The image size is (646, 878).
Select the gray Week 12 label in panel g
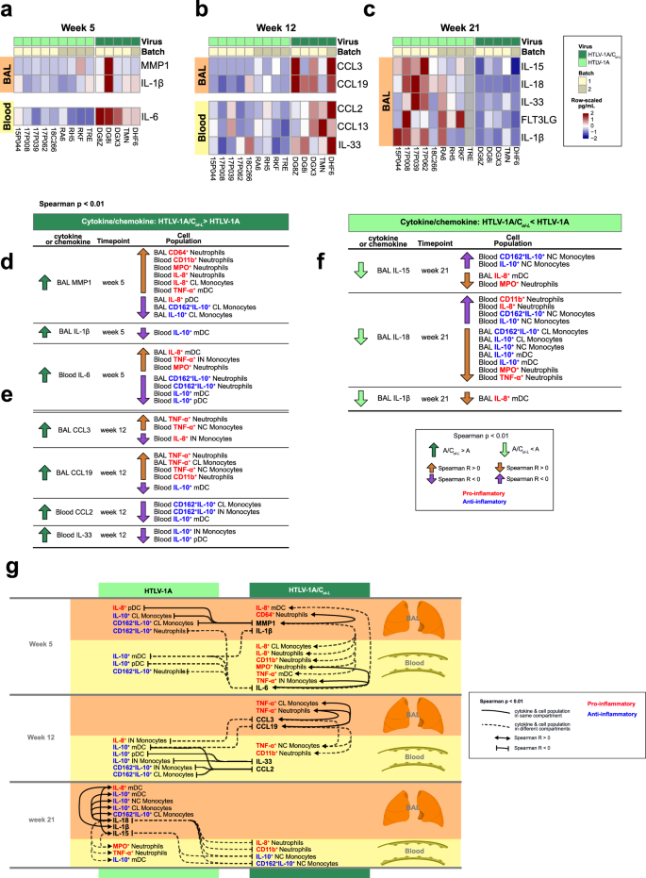coord(48,735)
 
